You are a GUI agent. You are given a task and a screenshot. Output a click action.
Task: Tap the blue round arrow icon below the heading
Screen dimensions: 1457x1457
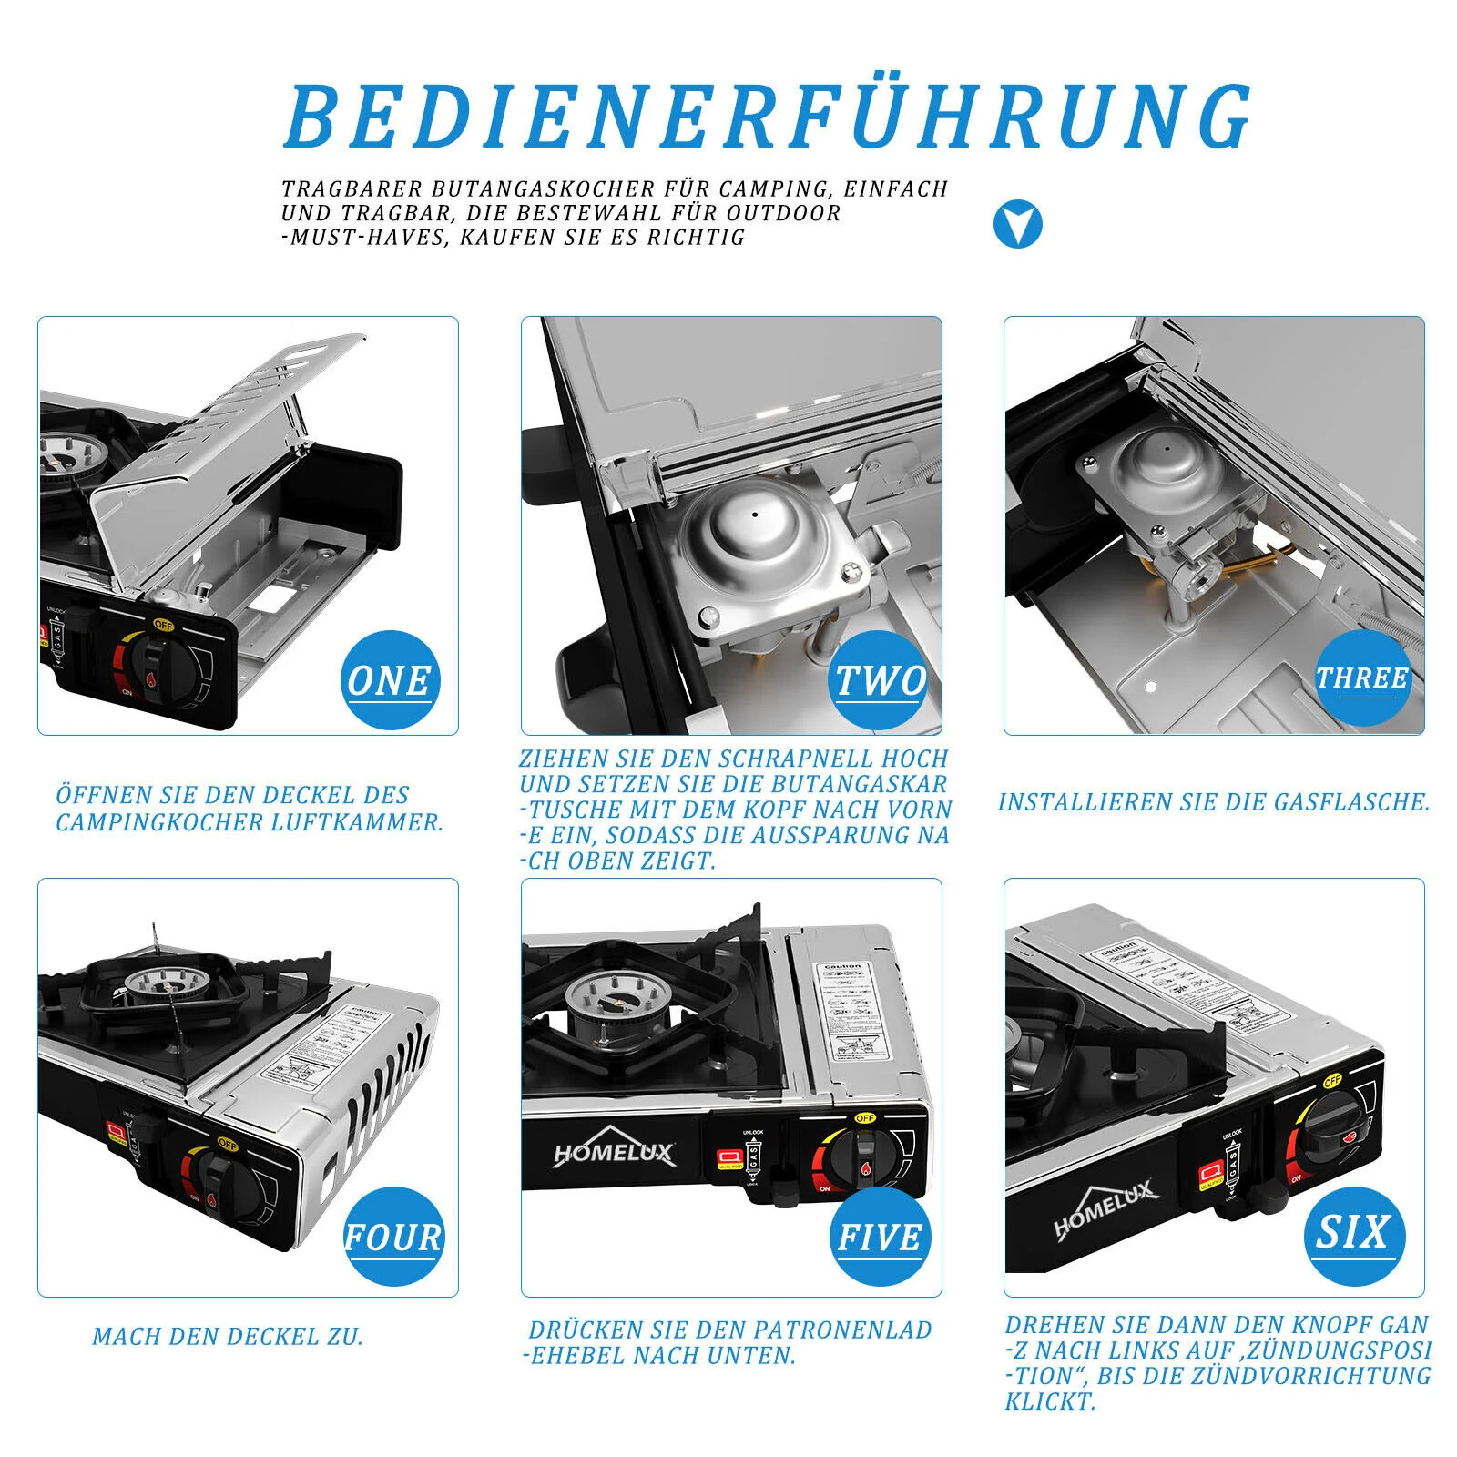coord(1017,224)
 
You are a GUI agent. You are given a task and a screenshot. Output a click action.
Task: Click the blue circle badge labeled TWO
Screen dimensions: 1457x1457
coord(880,679)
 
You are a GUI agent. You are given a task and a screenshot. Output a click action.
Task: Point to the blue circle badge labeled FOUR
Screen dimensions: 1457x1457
coord(393,1236)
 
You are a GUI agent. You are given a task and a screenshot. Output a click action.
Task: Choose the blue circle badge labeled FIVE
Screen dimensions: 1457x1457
coord(880,1236)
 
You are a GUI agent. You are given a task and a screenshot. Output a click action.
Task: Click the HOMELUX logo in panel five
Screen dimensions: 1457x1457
coord(616,1153)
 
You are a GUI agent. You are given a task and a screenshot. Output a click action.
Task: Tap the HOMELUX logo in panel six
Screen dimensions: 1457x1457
coord(1105,1208)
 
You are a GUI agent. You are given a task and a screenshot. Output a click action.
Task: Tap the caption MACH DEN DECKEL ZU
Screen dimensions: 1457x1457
coord(228,1337)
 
